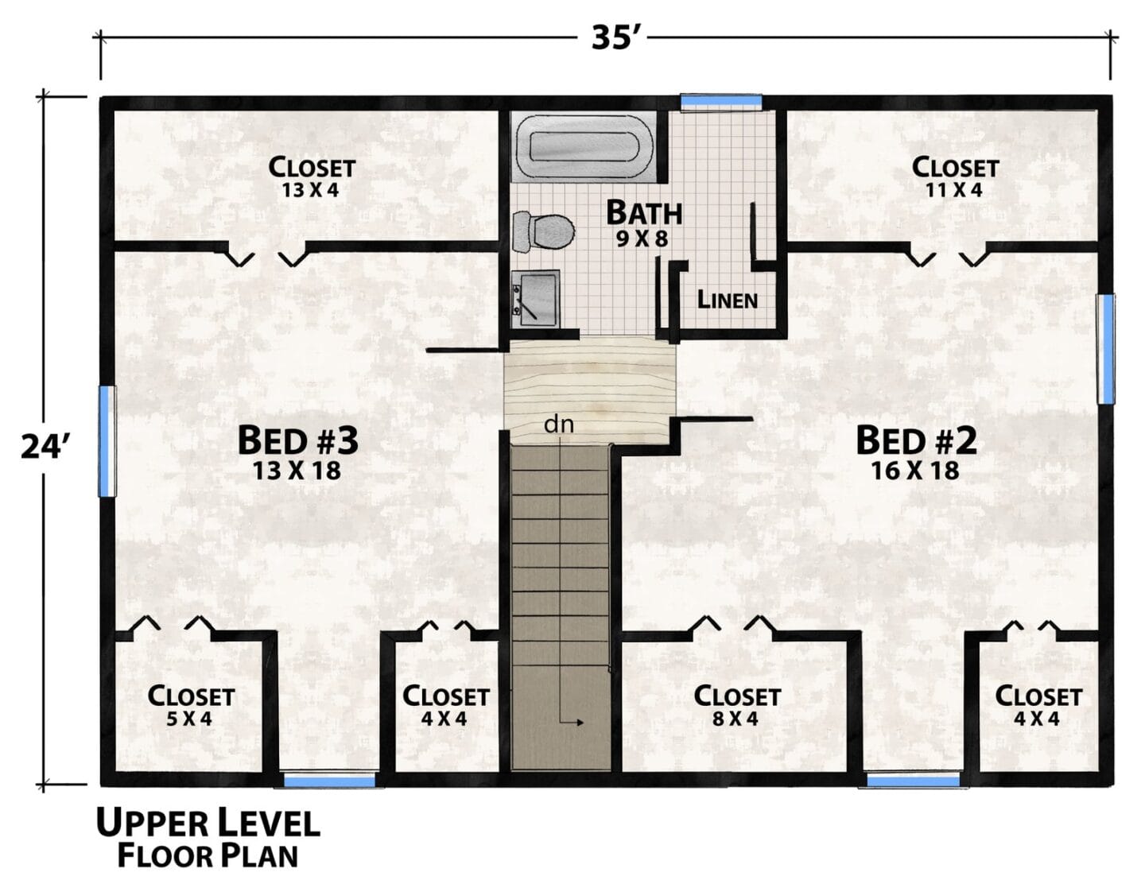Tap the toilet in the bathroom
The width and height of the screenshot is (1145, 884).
(543, 231)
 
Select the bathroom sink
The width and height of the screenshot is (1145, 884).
(535, 299)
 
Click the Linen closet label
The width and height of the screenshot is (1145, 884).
(727, 300)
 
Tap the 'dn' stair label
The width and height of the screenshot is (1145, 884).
(558, 424)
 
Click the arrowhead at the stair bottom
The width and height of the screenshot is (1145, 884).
(580, 723)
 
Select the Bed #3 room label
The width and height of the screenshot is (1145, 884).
(298, 440)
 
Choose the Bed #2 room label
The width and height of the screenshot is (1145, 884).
(916, 440)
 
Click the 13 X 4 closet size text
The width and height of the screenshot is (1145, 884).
(310, 190)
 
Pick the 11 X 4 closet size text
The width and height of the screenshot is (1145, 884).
(954, 190)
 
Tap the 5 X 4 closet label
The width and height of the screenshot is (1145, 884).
(189, 719)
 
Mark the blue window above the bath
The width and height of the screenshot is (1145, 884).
(721, 103)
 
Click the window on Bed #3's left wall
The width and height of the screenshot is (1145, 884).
(107, 441)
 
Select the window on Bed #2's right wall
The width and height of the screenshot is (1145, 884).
(1105, 349)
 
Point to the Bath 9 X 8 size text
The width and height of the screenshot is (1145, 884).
(642, 239)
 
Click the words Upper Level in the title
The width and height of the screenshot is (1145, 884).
(208, 824)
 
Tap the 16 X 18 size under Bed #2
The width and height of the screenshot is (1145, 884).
(914, 471)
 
